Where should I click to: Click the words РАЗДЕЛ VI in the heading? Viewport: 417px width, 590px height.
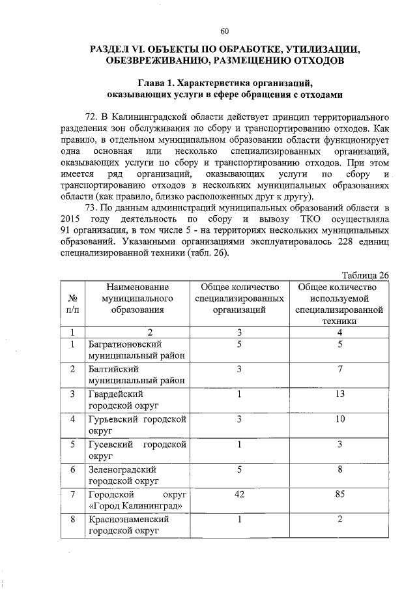pos(119,49)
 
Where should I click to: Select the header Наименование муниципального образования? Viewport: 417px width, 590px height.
pos(138,299)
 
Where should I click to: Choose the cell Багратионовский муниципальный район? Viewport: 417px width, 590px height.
pos(137,349)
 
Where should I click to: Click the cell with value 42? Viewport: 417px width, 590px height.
pos(239,494)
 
